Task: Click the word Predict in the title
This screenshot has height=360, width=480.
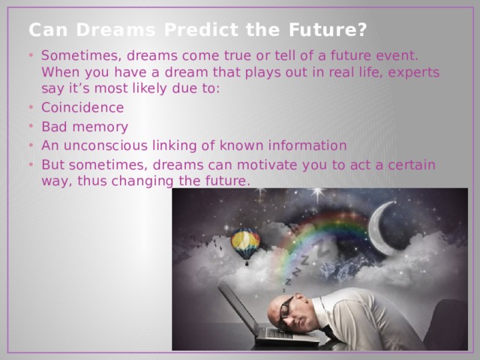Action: click(x=201, y=30)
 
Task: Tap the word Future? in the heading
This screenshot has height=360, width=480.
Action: click(x=328, y=30)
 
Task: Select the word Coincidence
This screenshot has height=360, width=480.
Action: click(x=82, y=107)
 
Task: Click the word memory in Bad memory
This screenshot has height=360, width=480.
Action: click(x=100, y=127)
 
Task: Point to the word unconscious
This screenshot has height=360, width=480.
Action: click(x=106, y=145)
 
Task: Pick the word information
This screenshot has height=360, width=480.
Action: click(x=307, y=145)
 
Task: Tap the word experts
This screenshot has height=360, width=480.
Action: click(x=413, y=73)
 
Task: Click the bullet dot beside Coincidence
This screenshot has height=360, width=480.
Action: click(x=31, y=107)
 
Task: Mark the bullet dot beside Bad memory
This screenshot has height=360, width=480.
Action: click(x=31, y=126)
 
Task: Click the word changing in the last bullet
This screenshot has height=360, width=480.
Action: click(x=142, y=181)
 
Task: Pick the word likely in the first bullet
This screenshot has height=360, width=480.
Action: click(x=150, y=88)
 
